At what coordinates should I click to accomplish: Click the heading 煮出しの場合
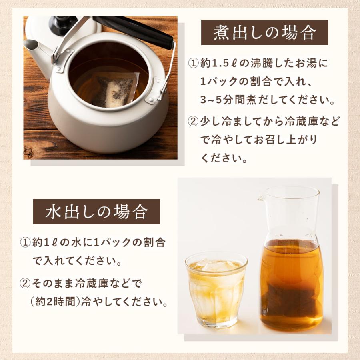[264, 33]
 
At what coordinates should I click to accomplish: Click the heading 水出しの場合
[96, 212]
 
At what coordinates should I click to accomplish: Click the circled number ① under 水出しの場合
[25, 243]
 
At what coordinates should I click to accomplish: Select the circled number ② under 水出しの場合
[25, 284]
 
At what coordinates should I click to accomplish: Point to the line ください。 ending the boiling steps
[223, 158]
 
